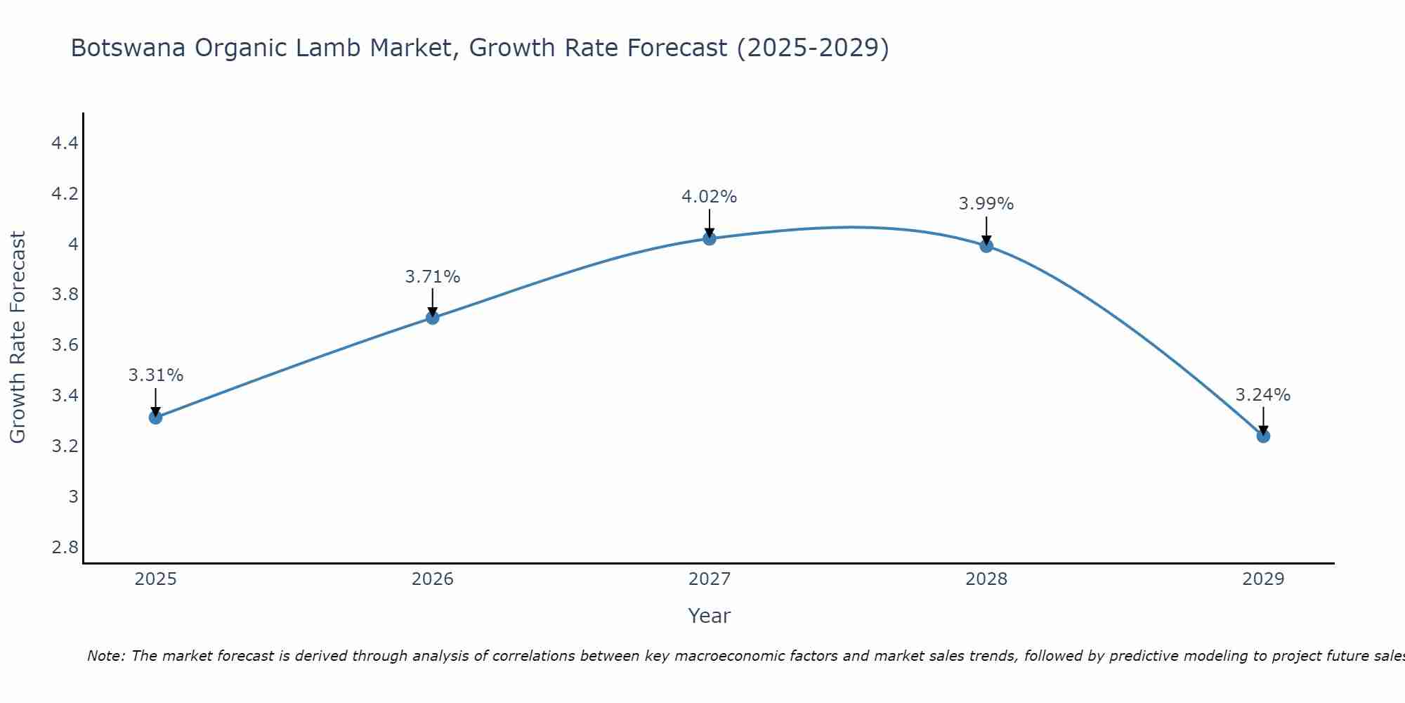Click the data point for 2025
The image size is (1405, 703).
(x=155, y=418)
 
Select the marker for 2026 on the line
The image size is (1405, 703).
(x=432, y=318)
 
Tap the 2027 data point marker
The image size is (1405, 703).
(x=710, y=238)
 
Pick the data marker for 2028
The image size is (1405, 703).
(x=986, y=246)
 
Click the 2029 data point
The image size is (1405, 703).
(x=1263, y=436)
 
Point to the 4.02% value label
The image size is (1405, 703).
(x=709, y=197)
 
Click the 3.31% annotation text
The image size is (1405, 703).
(x=155, y=375)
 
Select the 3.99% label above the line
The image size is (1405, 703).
(x=986, y=204)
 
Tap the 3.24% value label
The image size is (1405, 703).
(x=1263, y=395)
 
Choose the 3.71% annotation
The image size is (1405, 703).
(x=432, y=277)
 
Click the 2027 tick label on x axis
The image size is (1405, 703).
(x=710, y=579)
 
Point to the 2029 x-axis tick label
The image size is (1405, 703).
(x=1263, y=579)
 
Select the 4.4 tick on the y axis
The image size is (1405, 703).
(x=65, y=143)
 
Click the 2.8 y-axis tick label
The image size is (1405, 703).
(x=65, y=548)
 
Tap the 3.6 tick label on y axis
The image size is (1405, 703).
(x=65, y=345)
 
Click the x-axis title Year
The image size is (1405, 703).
(x=709, y=616)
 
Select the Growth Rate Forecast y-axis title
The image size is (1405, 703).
(x=18, y=337)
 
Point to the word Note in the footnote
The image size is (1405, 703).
(x=105, y=656)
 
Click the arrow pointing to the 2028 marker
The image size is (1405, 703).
(x=986, y=230)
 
